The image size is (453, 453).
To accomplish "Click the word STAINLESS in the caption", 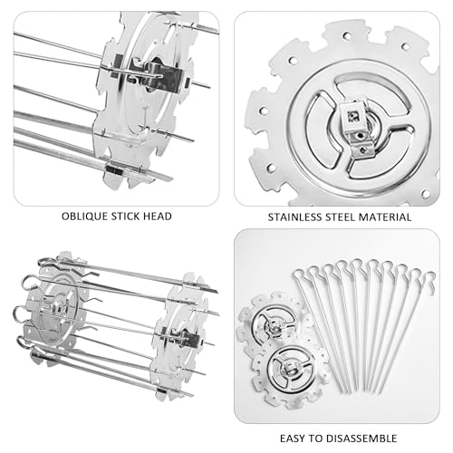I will pyautogui.click(x=294, y=217).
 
